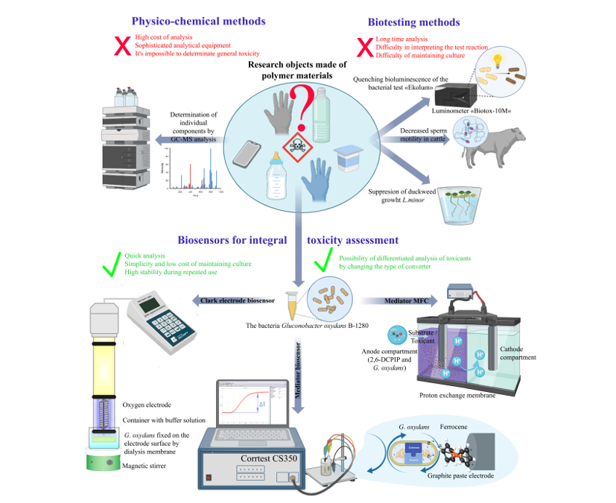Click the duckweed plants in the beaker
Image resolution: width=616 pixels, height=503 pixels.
coord(460,201)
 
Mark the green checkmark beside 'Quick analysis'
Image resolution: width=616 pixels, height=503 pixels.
coord(111,263)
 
